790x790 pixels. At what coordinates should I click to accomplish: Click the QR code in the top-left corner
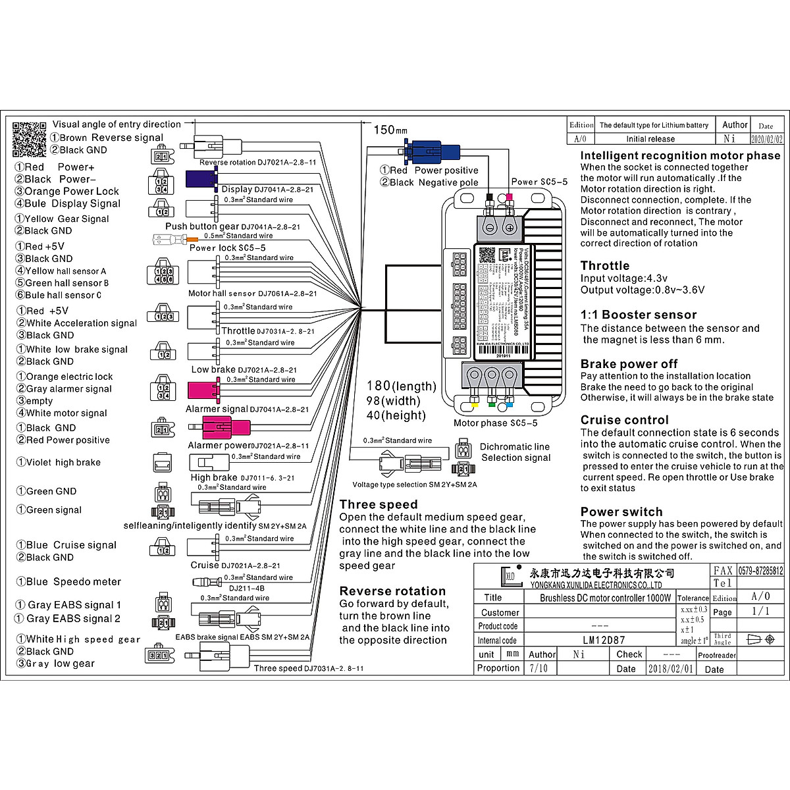[30, 139]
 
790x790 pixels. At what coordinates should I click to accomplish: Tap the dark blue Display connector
[201, 178]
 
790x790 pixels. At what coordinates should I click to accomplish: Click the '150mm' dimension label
[390, 130]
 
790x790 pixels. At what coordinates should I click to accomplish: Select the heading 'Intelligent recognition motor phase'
[680, 156]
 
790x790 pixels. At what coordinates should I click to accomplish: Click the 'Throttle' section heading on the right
[605, 266]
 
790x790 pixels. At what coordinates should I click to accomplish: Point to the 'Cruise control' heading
[624, 420]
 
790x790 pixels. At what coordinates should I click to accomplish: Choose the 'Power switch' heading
[621, 512]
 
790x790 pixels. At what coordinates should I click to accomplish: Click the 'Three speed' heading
[379, 504]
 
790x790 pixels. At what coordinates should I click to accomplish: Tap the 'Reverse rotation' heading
[392, 591]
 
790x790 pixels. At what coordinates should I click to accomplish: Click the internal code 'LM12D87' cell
[604, 640]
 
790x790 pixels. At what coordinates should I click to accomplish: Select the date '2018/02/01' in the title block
[671, 669]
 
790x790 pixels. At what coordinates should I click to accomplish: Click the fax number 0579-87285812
[760, 571]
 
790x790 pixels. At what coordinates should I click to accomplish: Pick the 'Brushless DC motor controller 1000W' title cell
[605, 598]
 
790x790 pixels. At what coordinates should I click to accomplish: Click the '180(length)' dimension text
[402, 386]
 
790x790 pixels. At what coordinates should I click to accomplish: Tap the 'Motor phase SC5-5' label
[495, 423]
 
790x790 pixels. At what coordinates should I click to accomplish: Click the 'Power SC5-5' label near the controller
[539, 182]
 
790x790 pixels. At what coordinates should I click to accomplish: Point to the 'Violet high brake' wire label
[59, 462]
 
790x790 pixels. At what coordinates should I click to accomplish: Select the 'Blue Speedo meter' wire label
[68, 582]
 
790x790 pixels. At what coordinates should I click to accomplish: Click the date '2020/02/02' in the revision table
[767, 139]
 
